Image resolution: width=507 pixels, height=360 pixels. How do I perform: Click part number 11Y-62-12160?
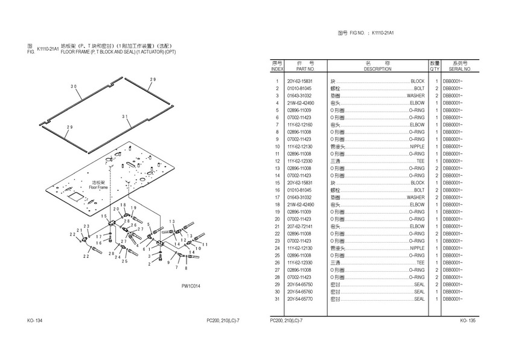tap(300, 124)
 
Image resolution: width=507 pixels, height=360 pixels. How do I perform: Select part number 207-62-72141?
tap(300, 227)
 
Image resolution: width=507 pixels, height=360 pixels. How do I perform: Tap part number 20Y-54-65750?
tap(300, 284)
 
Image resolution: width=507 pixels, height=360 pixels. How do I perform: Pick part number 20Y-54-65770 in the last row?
tap(300, 299)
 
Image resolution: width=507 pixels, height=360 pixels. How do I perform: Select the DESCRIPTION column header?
tap(378, 69)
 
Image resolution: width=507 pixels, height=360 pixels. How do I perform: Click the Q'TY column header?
tap(434, 69)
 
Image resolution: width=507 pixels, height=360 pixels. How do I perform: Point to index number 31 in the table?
tap(277, 299)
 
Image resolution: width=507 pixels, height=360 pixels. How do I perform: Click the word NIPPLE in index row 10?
tap(417, 146)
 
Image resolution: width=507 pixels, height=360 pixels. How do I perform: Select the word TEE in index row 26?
tap(421, 263)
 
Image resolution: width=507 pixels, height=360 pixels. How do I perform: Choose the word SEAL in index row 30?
tap(419, 292)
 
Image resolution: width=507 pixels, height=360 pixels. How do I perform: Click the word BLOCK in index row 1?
tap(417, 81)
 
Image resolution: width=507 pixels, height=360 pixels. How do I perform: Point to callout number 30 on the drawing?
tap(74, 86)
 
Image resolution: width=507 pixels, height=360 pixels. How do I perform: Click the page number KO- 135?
tap(468, 321)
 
